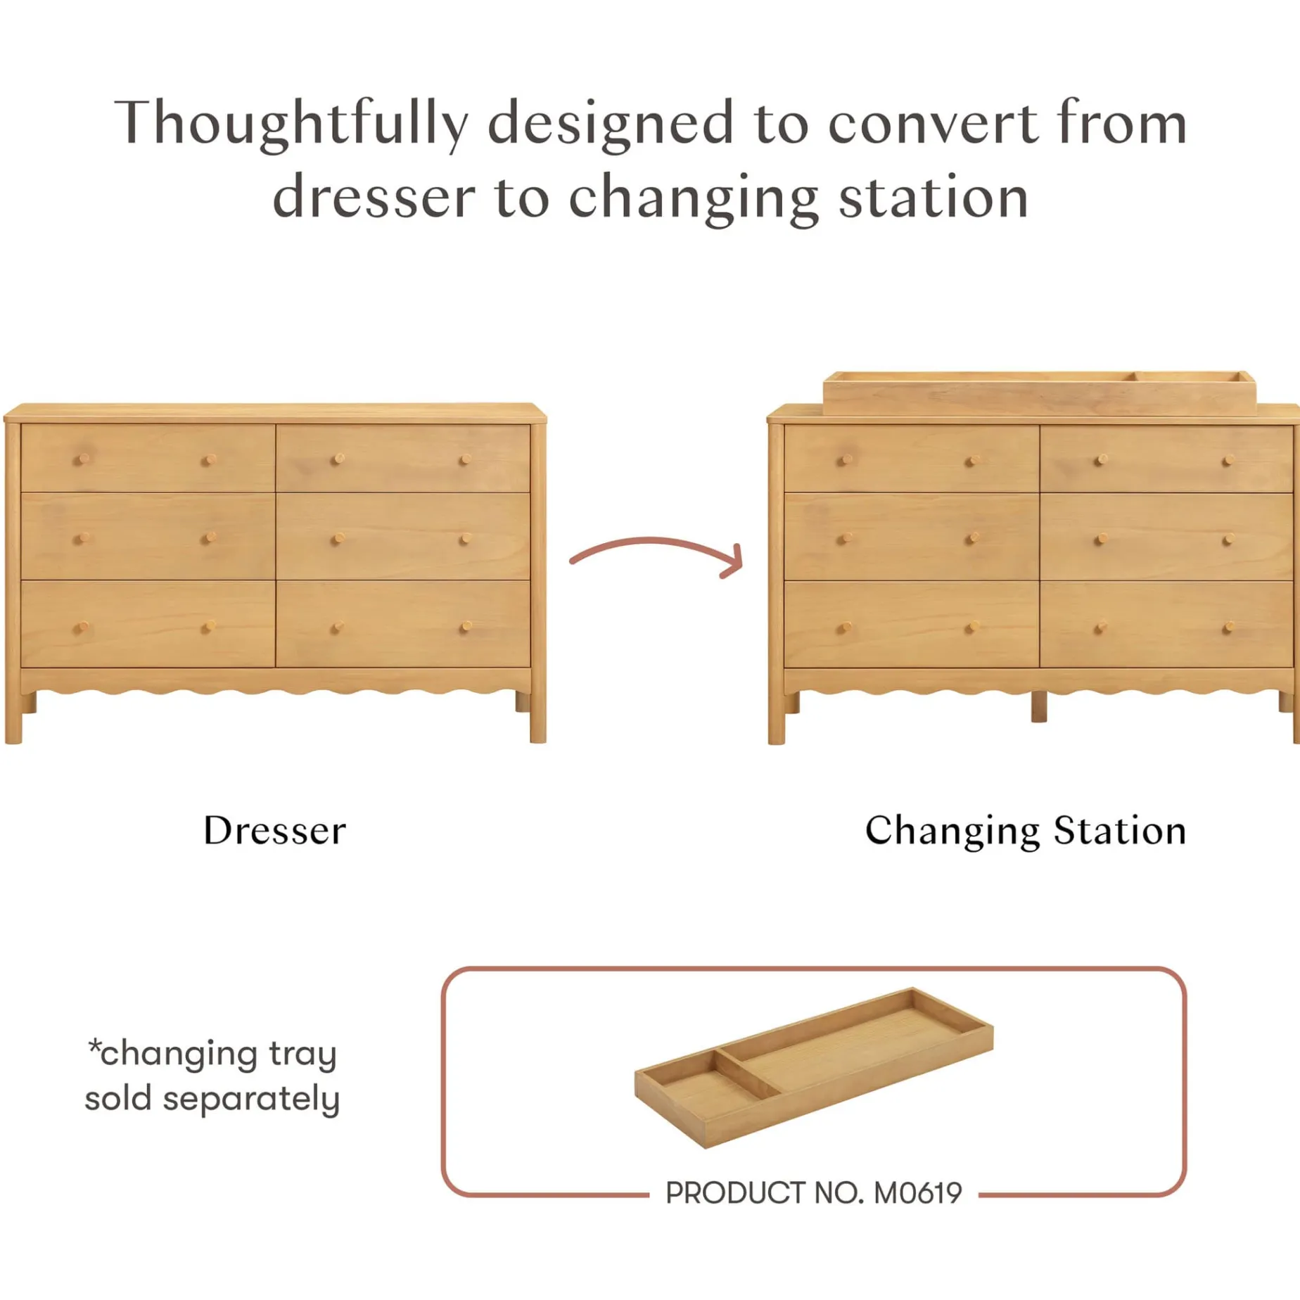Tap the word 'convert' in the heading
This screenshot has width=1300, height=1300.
(x=932, y=123)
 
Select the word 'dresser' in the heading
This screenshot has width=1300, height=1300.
(x=374, y=198)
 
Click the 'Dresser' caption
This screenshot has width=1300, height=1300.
(x=274, y=831)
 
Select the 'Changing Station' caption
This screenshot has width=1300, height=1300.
(x=1025, y=831)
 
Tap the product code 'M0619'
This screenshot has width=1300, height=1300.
(x=917, y=1193)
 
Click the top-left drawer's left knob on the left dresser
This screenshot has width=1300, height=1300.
(x=83, y=459)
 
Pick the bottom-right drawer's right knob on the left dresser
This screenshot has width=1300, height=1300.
(x=465, y=626)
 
